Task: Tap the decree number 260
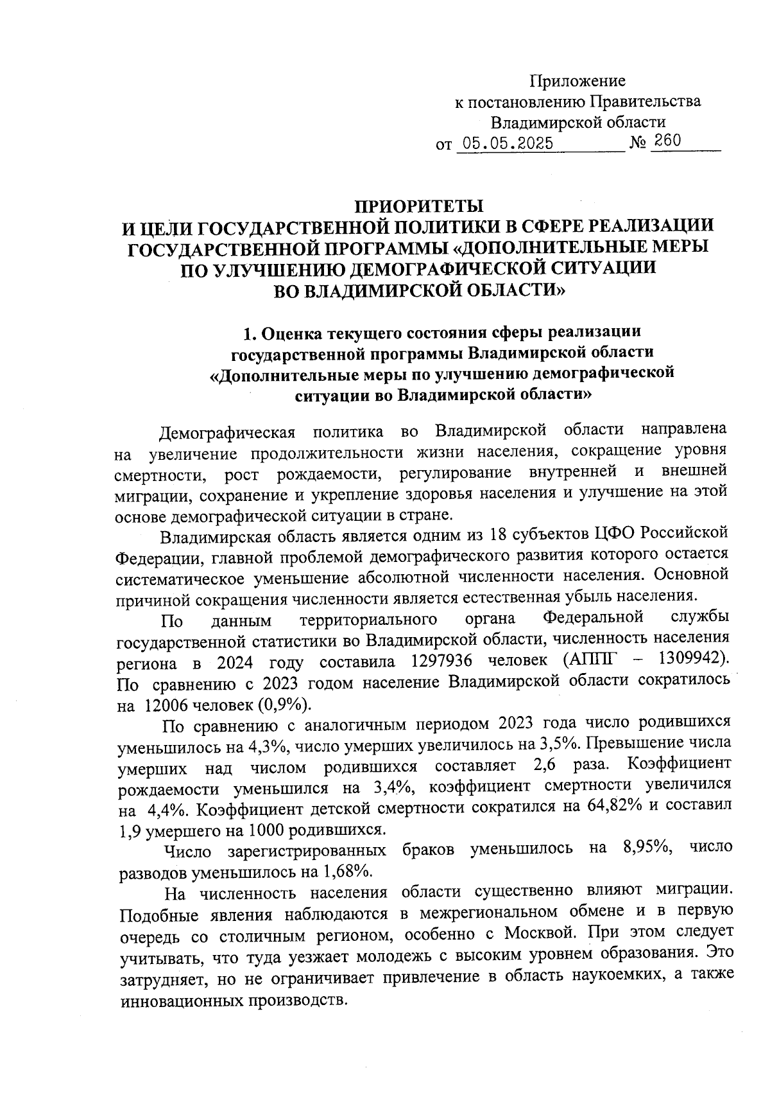point(665,141)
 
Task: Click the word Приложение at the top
point(577,81)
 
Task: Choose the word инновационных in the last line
point(184,1001)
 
